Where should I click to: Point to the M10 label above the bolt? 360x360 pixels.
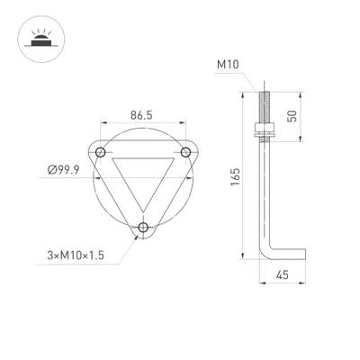click(x=228, y=65)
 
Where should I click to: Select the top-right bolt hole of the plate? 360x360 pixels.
click(x=186, y=150)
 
